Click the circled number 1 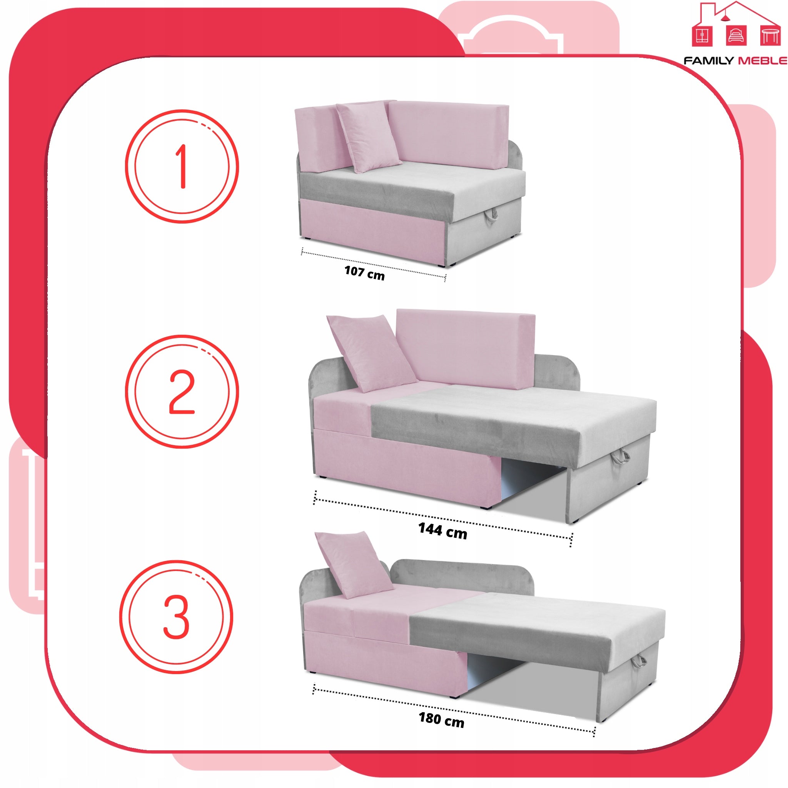(x=182, y=166)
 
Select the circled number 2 (x=182, y=392)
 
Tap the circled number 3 (x=176, y=617)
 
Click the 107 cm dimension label (x=364, y=272)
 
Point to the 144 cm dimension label (x=442, y=531)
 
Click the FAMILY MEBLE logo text (x=735, y=61)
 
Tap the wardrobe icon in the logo (x=702, y=36)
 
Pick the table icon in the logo (x=770, y=35)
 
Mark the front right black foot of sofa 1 (x=441, y=265)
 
